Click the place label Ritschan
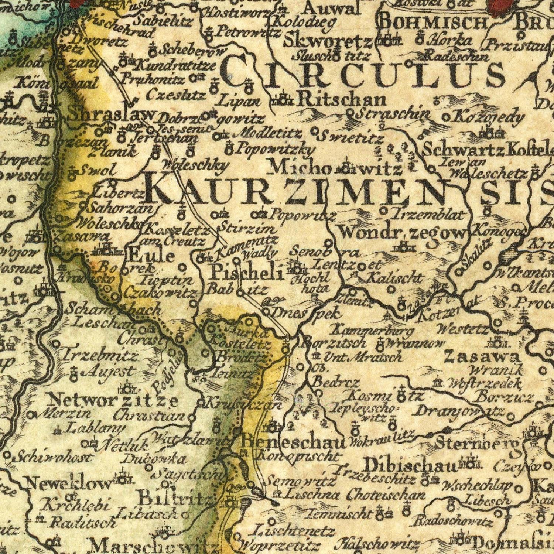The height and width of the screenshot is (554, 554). tap(341, 99)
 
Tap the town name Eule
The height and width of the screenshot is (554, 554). tap(151, 255)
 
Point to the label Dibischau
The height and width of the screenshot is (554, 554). tap(410, 465)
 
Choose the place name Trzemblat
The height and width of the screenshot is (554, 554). tap(428, 213)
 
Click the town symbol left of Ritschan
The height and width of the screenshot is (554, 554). tap(283, 100)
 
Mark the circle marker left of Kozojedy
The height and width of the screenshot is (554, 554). tap(446, 119)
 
